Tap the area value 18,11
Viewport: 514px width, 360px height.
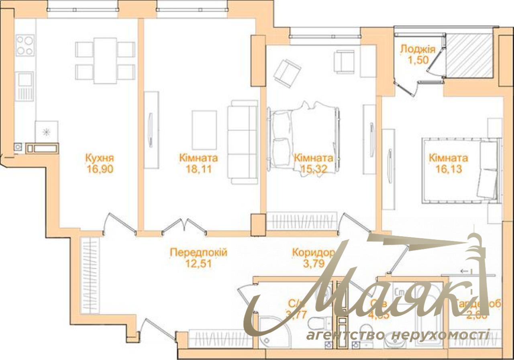(198, 169)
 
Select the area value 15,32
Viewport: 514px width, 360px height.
(313, 169)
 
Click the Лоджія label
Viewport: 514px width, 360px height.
(418, 49)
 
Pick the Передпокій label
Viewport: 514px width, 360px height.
(198, 253)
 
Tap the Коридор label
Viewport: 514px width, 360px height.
(313, 253)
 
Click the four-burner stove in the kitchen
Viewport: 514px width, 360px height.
(25, 45)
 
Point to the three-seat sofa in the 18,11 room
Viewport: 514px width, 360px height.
(242, 142)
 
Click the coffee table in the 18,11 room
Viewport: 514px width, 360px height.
(204, 129)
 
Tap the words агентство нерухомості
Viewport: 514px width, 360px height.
(397, 335)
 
